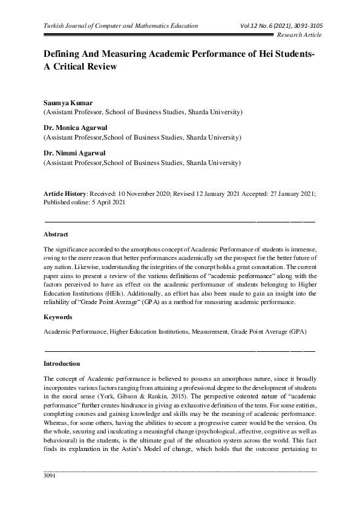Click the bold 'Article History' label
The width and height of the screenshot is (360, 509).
[65, 193]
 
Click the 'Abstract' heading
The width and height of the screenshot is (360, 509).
[56, 233]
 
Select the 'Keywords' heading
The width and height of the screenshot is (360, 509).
[58, 317]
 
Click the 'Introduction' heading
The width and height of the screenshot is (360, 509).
[62, 364]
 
